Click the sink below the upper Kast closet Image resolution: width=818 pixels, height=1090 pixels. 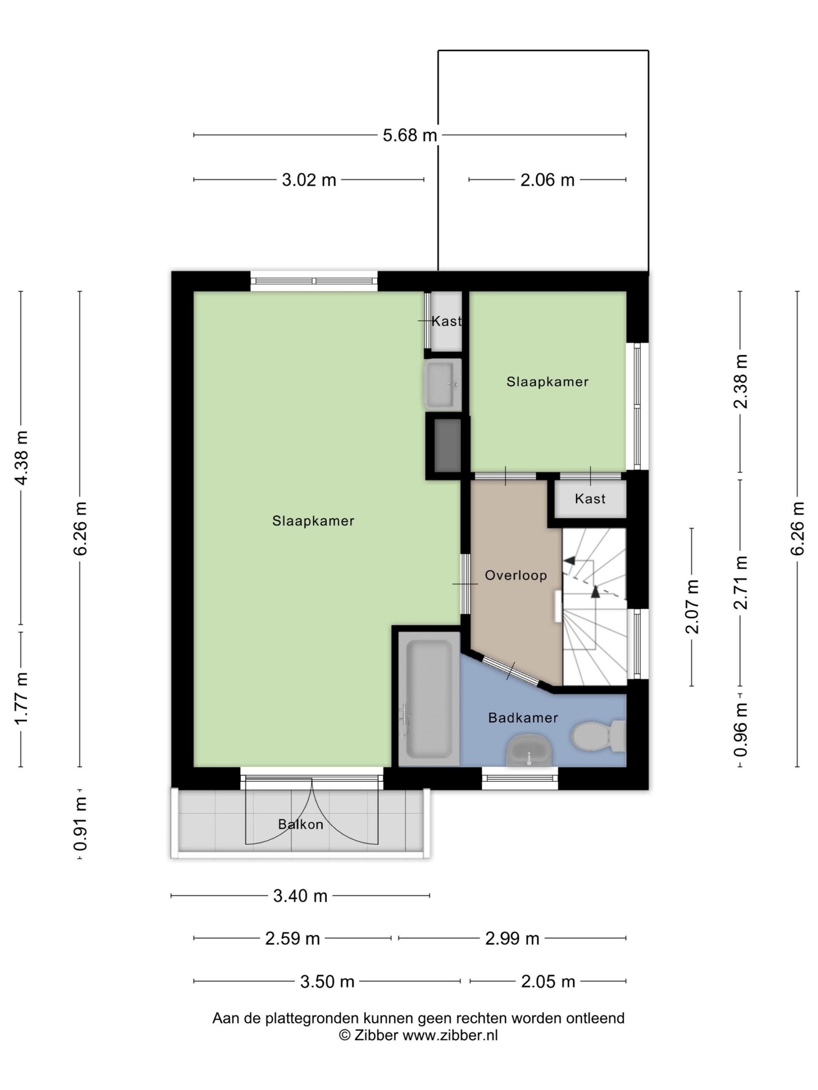(442, 385)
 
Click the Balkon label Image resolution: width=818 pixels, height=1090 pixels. (301, 824)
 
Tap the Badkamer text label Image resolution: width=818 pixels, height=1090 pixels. (523, 717)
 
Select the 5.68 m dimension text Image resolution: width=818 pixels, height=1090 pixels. (410, 135)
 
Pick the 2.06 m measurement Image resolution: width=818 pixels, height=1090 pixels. (547, 180)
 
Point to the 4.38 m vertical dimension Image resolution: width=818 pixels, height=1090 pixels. (22, 458)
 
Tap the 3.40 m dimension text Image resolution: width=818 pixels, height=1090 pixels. (300, 896)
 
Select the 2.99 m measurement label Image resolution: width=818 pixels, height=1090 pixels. (512, 939)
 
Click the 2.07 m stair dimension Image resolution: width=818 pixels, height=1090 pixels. (693, 607)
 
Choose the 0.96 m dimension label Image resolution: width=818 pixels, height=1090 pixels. (740, 729)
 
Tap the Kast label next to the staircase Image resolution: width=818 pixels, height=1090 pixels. (590, 499)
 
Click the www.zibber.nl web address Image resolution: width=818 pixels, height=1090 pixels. (450, 1035)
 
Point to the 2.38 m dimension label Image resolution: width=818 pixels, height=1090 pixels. (740, 381)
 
